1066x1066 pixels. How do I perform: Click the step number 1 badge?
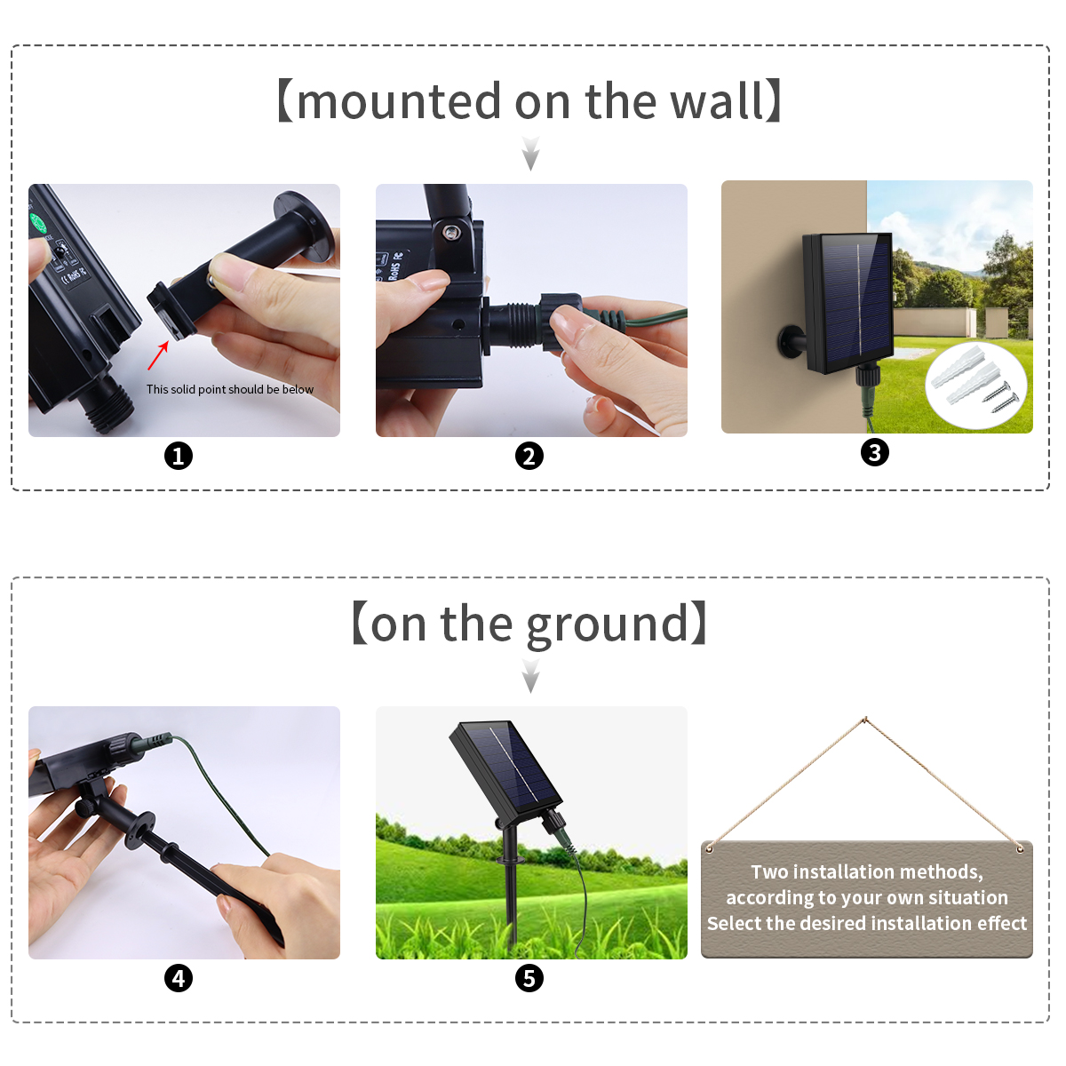(179, 457)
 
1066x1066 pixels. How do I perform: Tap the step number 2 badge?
(529, 457)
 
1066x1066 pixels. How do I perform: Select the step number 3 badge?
(875, 453)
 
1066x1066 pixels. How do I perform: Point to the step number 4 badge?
(179, 979)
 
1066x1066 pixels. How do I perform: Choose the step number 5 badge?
(529, 979)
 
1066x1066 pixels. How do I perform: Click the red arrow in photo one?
(158, 355)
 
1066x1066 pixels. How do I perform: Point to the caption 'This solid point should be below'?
(230, 389)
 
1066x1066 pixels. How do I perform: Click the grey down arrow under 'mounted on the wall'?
(530, 154)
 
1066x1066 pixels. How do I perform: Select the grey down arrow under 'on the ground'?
(530, 678)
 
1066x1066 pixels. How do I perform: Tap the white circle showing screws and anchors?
(976, 384)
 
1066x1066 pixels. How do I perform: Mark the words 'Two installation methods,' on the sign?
(866, 872)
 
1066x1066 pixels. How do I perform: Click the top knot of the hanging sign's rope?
(864, 719)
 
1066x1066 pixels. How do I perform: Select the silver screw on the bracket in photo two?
(451, 233)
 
